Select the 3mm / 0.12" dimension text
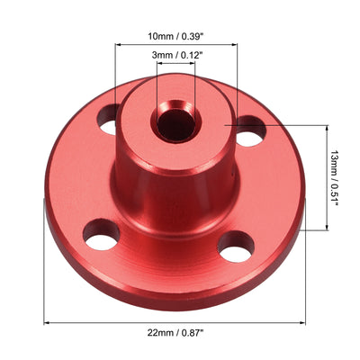coord(176,56)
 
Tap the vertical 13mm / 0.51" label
coord(335,178)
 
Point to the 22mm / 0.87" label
coord(176,332)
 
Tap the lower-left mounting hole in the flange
coord(101,234)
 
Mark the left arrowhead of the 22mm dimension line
coord(46,321)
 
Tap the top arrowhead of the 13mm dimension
coord(325,129)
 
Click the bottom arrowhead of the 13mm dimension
coord(325,229)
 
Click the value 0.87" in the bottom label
coord(193,332)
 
